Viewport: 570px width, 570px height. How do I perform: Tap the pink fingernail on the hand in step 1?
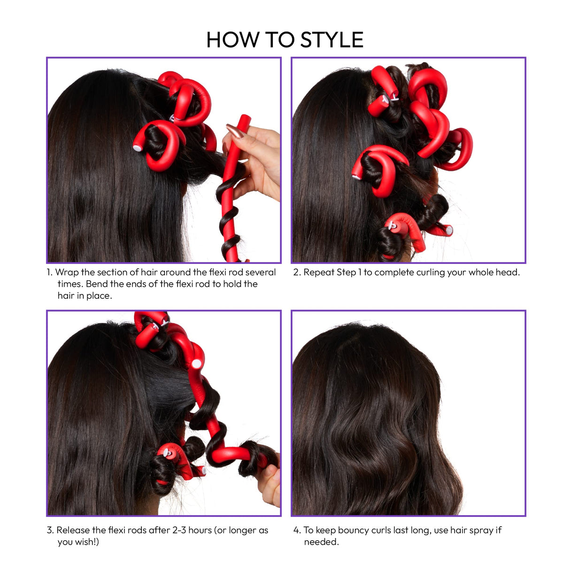(x=234, y=131)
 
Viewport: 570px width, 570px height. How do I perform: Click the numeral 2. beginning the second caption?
(x=297, y=272)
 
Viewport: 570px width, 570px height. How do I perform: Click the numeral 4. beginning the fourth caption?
(x=297, y=530)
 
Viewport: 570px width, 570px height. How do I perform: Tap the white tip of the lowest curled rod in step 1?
(x=137, y=148)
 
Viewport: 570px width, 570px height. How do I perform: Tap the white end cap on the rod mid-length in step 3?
(x=196, y=363)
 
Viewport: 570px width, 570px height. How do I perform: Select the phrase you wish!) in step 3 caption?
(x=78, y=542)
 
